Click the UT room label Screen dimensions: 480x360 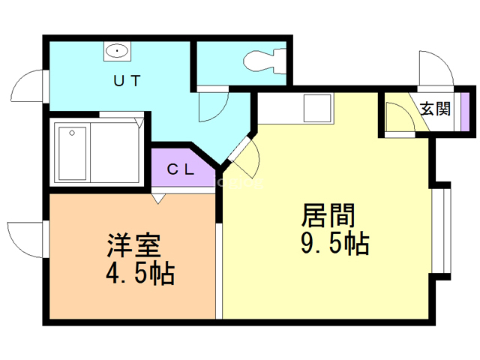pyautogui.click(x=127, y=81)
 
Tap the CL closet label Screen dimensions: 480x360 pyautogui.click(x=181, y=169)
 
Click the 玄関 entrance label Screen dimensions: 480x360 pyautogui.click(x=435, y=109)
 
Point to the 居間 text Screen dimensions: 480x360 pyautogui.click(x=328, y=215)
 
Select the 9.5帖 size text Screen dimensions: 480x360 pyautogui.click(x=335, y=244)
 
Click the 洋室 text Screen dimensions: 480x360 pyautogui.click(x=133, y=245)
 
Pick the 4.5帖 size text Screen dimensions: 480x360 pyautogui.click(x=140, y=273)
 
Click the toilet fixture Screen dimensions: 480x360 pyautogui.click(x=265, y=61)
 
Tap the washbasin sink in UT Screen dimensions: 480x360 pyautogui.click(x=117, y=51)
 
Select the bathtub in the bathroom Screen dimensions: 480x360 pyautogui.click(x=72, y=153)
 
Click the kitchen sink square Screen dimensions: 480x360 pyautogui.click(x=317, y=108)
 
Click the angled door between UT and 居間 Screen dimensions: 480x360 pyautogui.click(x=244, y=157)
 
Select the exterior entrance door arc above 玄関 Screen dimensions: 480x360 pyautogui.click(x=436, y=68)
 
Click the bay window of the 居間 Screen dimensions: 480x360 pyautogui.click(x=441, y=230)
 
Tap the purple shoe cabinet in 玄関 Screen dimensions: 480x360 pyautogui.click(x=465, y=112)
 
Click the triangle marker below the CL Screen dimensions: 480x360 pyautogui.click(x=158, y=199)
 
